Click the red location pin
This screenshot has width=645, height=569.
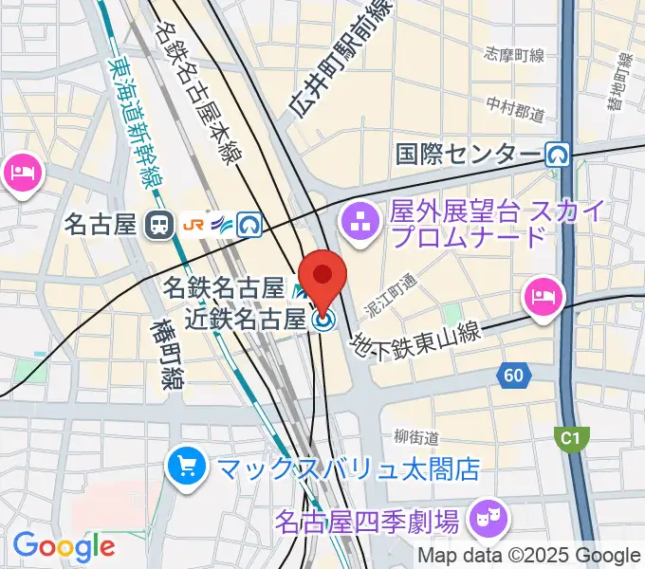point(323,278)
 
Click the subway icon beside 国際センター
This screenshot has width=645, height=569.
point(557,153)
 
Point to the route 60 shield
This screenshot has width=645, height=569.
point(513,376)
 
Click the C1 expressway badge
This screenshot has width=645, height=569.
point(568,437)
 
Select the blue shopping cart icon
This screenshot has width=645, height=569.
point(187,466)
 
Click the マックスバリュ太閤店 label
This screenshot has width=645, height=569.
point(348,468)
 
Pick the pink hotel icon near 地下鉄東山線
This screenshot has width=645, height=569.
point(542,295)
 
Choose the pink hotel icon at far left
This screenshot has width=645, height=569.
point(20,174)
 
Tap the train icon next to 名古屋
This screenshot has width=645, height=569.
point(158,225)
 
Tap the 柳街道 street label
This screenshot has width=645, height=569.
point(417,437)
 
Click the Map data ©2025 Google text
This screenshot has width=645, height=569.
point(529,556)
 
